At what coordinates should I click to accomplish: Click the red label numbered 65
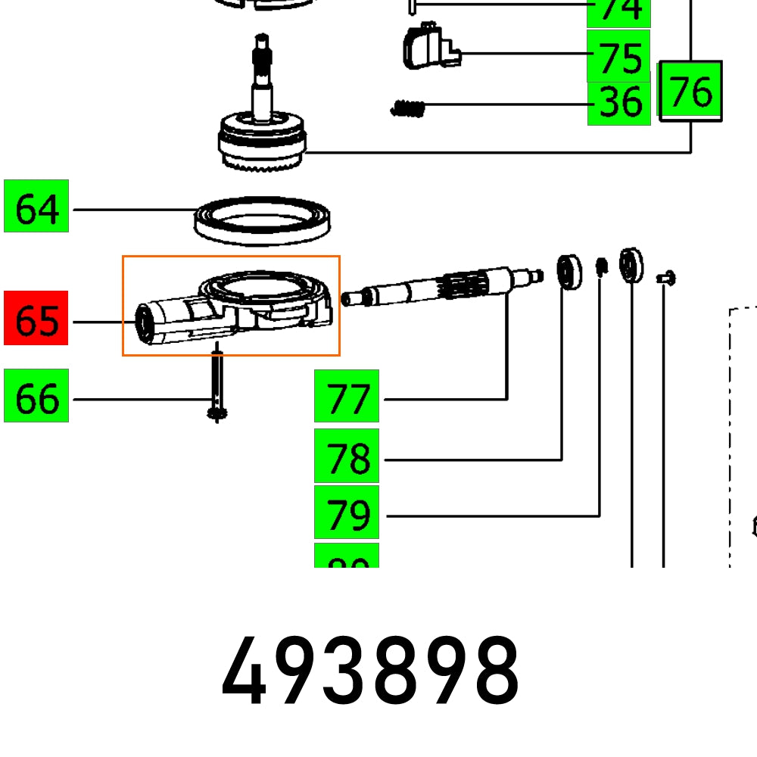click(x=36, y=318)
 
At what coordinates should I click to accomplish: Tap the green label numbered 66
click(x=36, y=395)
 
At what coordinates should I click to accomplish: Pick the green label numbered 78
click(x=346, y=457)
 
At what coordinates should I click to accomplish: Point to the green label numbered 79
click(x=346, y=512)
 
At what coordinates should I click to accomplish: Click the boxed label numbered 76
click(x=691, y=91)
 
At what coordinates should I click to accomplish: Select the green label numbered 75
click(x=618, y=55)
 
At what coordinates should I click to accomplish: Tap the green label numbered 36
click(x=618, y=103)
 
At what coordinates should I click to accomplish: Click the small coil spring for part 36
click(x=408, y=109)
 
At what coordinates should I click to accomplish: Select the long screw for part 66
click(x=217, y=382)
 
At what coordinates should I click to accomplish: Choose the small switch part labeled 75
click(x=428, y=47)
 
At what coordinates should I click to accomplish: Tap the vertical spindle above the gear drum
click(x=262, y=76)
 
